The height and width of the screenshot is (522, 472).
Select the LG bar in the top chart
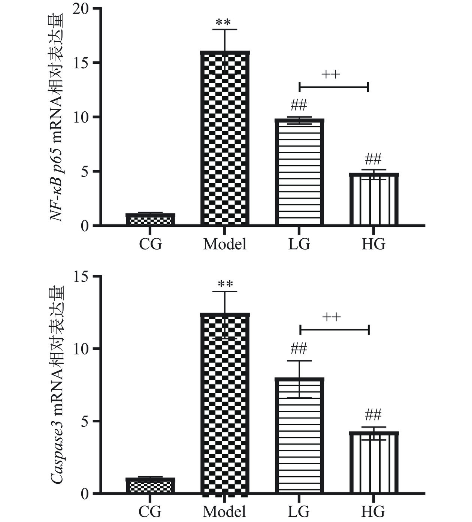pos(299,172)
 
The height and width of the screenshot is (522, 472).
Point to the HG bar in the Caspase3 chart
pos(374,462)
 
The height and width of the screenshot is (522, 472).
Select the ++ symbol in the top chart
pos(331,74)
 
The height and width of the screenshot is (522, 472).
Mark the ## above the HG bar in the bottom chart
pos(373,415)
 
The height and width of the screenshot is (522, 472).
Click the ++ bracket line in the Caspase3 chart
pos(335,330)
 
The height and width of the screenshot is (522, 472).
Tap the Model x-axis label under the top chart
pos(225,244)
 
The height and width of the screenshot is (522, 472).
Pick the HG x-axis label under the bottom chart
pos(373,511)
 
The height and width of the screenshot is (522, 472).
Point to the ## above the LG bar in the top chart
pos(299,105)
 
